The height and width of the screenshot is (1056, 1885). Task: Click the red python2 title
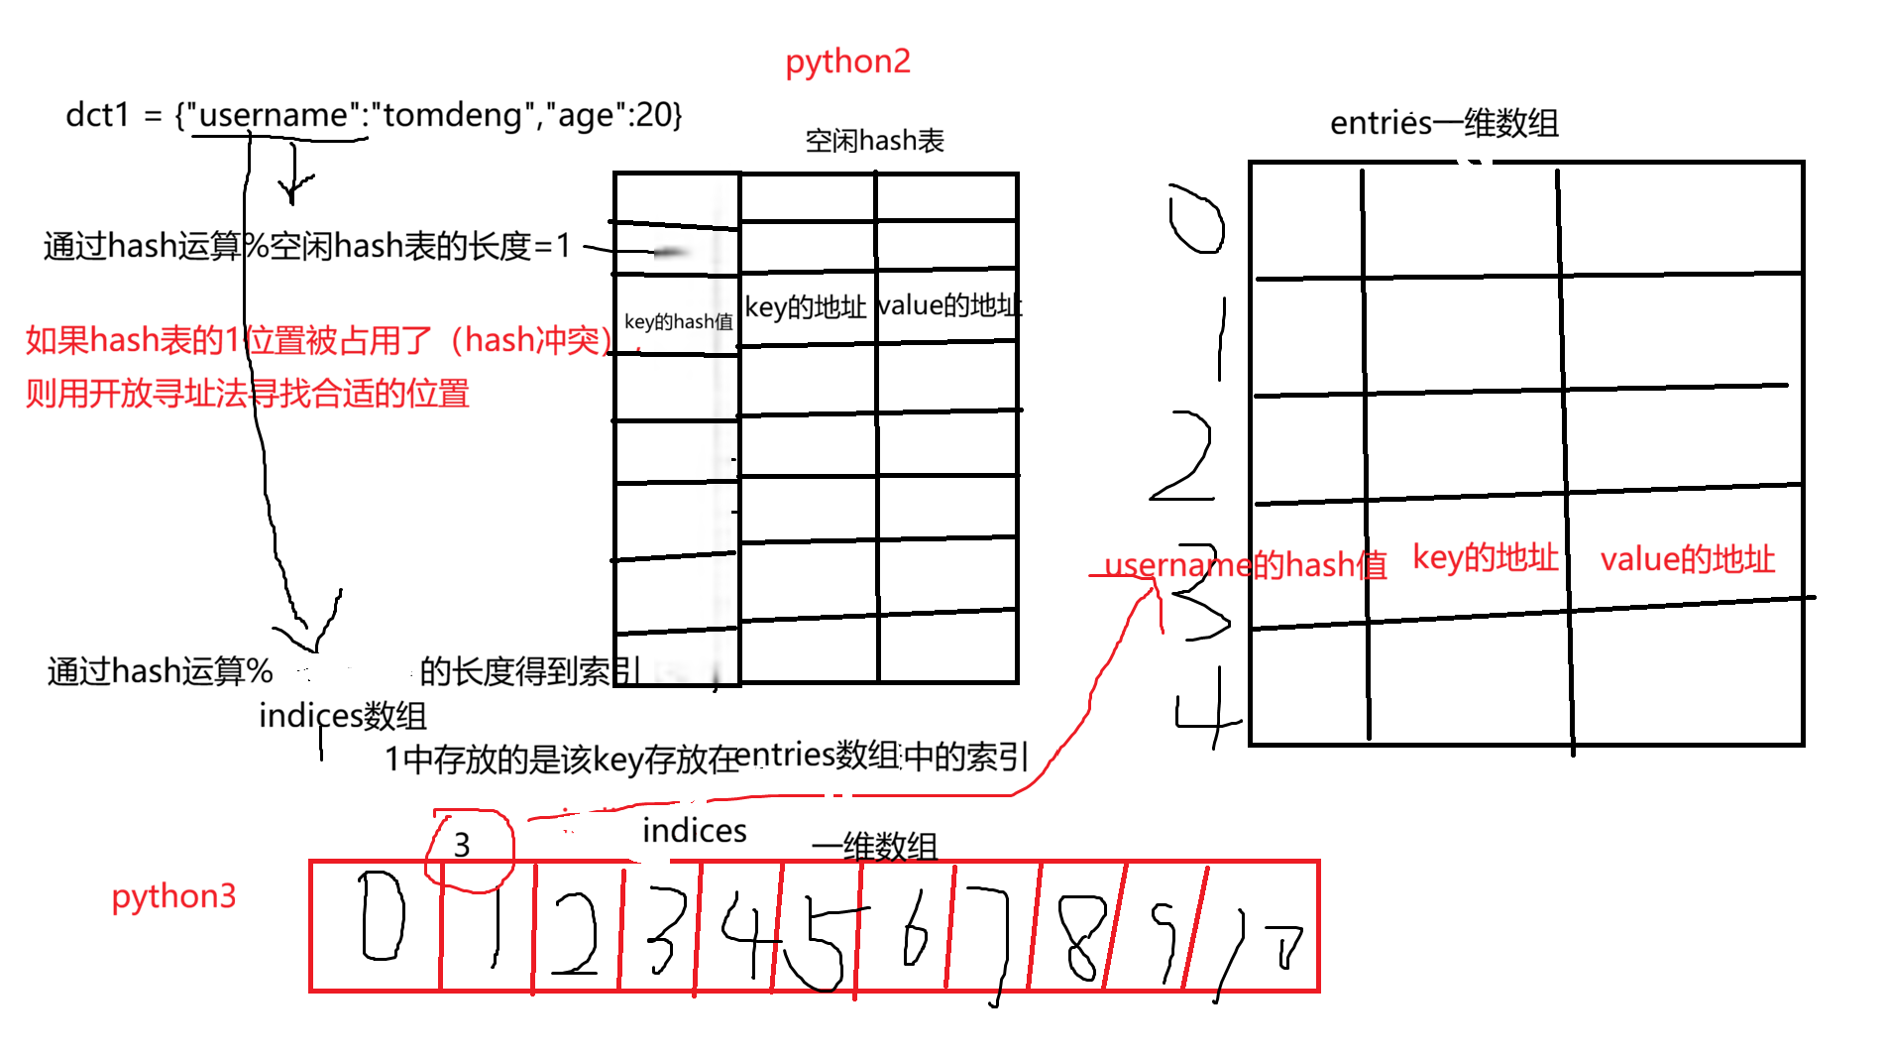coord(847,61)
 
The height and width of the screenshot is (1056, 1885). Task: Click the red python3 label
coord(173,896)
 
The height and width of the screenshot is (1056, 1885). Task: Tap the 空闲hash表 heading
coord(874,141)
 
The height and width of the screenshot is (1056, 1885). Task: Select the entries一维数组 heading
coord(1444,123)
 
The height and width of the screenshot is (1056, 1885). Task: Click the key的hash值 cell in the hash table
coord(678,321)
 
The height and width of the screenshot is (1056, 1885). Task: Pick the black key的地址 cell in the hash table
coord(805,307)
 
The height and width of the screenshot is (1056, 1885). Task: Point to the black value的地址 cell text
coord(949,305)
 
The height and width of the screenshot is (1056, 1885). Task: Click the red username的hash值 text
coord(1245,565)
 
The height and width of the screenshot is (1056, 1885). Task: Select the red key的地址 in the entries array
coord(1485,558)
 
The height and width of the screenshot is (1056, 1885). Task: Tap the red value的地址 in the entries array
coord(1687,559)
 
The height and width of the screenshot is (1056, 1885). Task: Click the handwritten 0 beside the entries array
coord(1196,220)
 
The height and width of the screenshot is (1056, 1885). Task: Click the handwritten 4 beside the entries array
coord(1205,708)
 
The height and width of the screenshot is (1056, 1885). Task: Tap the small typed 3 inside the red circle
coord(462,845)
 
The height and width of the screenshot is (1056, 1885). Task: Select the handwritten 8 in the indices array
coord(1080,936)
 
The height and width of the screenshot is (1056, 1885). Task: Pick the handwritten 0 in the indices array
coord(382,916)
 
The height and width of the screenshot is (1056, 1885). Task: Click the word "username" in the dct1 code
coord(273,115)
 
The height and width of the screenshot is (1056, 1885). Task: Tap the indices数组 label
coord(343,716)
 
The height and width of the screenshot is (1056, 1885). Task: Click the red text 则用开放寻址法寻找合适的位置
coord(247,394)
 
